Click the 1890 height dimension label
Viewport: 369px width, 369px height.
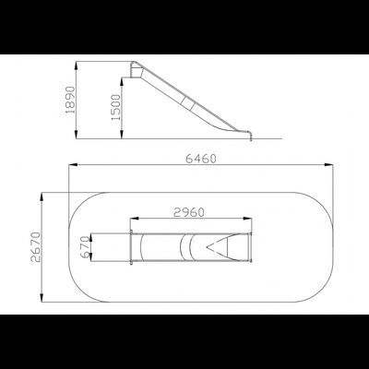click(70, 100)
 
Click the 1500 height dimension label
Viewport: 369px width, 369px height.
click(116, 107)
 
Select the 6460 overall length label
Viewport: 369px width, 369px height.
click(201, 159)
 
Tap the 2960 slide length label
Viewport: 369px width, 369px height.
click(189, 212)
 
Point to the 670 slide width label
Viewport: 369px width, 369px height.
click(85, 248)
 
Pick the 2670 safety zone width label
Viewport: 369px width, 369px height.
click(36, 247)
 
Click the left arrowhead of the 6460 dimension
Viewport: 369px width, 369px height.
click(73, 165)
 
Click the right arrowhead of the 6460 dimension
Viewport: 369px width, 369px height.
click(329, 166)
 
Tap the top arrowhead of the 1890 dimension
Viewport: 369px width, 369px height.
click(77, 65)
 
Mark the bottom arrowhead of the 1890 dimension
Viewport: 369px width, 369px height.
click(77, 135)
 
